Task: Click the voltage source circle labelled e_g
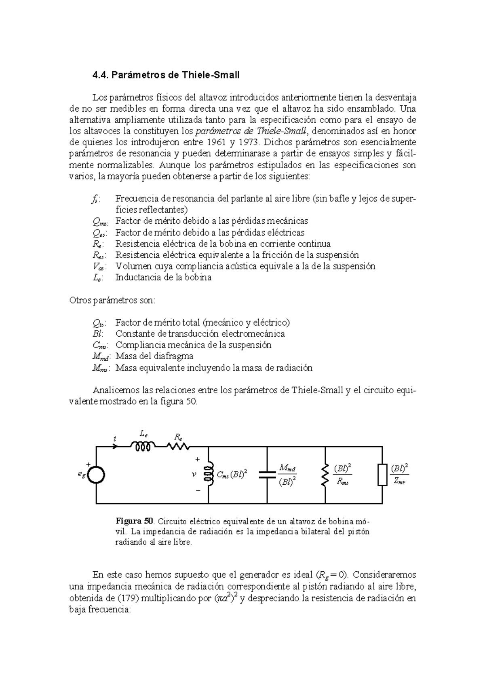[96, 475]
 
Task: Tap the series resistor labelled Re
[178, 447]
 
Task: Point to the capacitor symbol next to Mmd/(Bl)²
[267, 475]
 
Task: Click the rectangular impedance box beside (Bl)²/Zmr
[382, 475]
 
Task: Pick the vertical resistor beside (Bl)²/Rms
[325, 475]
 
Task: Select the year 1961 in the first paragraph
[216, 142]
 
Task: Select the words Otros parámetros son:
[112, 301]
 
